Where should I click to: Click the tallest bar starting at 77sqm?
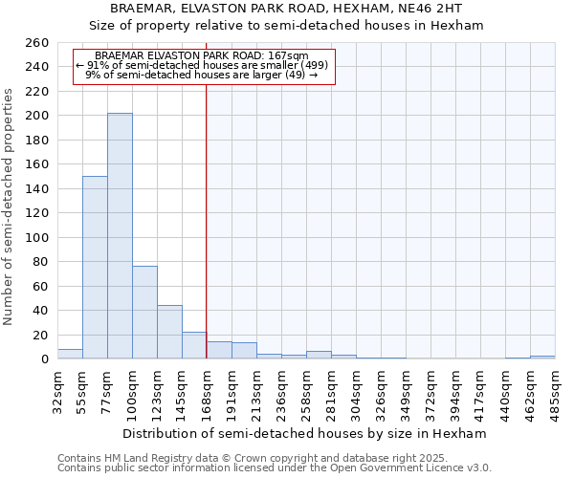120,236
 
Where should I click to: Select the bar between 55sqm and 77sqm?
95,268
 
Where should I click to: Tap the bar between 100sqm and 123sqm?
144,313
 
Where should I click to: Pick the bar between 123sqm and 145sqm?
169,332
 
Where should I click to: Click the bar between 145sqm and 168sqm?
194,345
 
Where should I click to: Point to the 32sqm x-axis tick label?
57,391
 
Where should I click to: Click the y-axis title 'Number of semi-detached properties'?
10,206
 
